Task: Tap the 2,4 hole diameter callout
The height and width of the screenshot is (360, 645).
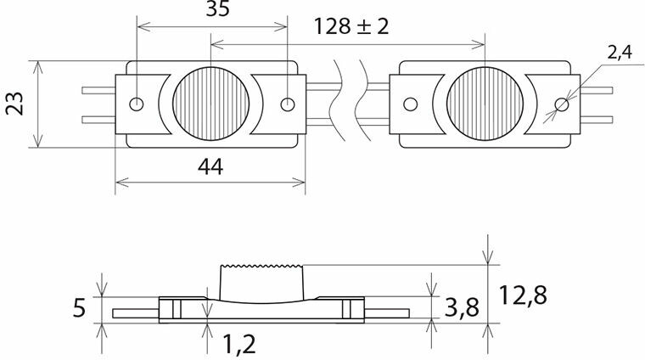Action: pos(619,53)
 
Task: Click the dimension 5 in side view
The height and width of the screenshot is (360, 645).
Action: pos(79,307)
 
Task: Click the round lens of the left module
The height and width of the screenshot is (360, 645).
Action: pos(211,104)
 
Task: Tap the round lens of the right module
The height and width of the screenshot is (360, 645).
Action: pos(484,104)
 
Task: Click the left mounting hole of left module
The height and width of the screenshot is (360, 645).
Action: pos(136,104)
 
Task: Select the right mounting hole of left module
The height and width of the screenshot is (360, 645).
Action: pos(288,104)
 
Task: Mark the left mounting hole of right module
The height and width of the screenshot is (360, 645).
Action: pos(410,104)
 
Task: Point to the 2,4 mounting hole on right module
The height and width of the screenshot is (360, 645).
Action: pos(560,104)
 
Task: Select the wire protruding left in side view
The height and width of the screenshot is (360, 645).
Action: pos(133,312)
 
